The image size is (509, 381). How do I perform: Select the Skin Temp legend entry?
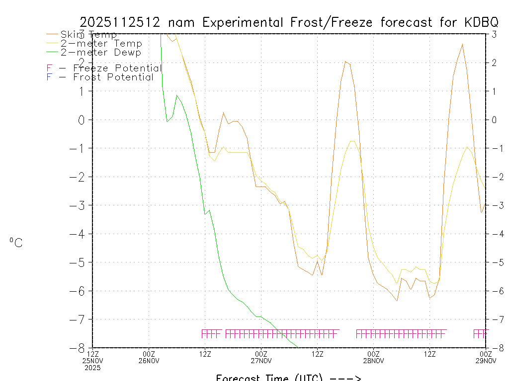click(x=88, y=35)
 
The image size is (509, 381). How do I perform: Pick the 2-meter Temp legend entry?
click(x=101, y=44)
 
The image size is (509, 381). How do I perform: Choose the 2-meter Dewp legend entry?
click(x=100, y=53)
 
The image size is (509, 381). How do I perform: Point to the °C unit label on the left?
click(x=16, y=243)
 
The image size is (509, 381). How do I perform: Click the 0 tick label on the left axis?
click(x=83, y=120)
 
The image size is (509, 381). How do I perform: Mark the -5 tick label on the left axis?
click(x=80, y=262)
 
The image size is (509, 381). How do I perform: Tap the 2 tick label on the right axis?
click(x=494, y=63)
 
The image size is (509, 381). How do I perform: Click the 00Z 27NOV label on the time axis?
click(x=261, y=357)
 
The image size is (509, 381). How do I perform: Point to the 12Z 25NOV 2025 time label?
click(x=93, y=361)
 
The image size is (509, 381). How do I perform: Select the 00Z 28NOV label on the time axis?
click(x=374, y=357)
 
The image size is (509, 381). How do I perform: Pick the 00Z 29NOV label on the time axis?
click(x=486, y=357)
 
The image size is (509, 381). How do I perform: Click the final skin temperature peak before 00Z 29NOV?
click(x=462, y=44)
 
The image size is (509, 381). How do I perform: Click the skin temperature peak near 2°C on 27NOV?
click(x=345, y=62)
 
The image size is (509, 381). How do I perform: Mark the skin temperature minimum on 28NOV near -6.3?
click(x=397, y=301)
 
